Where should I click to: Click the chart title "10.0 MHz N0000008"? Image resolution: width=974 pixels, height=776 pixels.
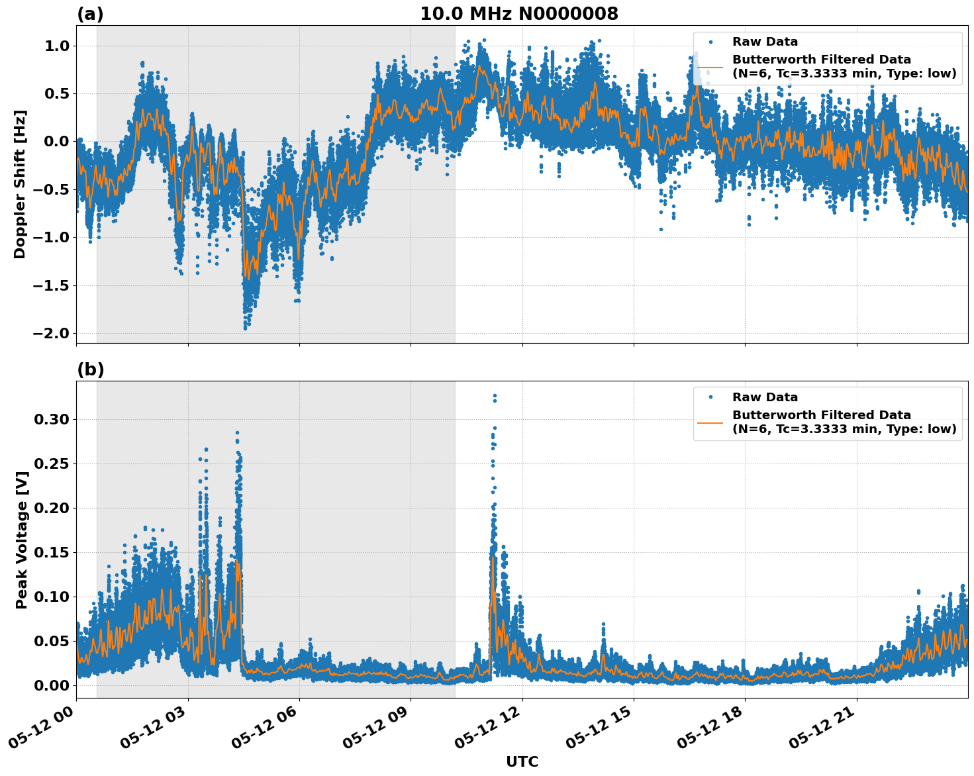click(x=519, y=14)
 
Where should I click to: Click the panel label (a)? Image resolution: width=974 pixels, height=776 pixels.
click(x=90, y=14)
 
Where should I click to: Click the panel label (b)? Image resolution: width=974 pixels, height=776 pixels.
click(x=90, y=369)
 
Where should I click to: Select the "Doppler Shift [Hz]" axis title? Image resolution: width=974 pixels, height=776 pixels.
click(x=20, y=184)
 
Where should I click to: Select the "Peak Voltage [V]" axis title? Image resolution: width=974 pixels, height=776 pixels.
click(x=22, y=540)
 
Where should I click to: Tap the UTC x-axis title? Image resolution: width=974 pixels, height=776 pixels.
click(x=522, y=761)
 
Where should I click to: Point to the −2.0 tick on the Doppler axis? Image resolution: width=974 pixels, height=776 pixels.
click(x=50, y=333)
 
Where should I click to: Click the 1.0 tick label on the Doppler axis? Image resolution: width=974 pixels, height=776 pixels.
click(x=57, y=46)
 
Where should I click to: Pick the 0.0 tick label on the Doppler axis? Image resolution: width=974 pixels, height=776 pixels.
click(x=57, y=142)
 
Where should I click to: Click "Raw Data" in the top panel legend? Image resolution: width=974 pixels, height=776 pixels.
click(x=765, y=42)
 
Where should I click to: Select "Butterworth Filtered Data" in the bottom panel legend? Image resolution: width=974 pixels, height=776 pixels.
click(x=821, y=415)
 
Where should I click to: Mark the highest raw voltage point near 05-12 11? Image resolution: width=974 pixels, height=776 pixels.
click(x=494, y=396)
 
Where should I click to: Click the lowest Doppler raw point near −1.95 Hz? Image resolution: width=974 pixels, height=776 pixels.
click(x=245, y=328)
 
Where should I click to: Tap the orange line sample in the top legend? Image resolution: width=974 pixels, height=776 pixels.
click(x=710, y=67)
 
